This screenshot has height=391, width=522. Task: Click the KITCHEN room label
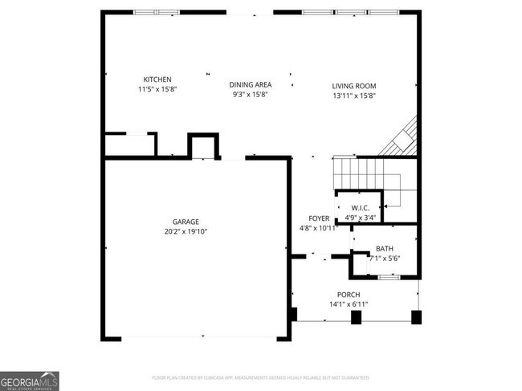[x=157, y=79]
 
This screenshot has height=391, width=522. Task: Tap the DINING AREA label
[x=251, y=85]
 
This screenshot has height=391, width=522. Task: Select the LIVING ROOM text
[x=354, y=86]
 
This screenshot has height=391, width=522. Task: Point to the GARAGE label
[x=185, y=222]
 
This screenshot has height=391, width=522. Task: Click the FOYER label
[x=319, y=218]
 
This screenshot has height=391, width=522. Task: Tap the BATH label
[x=385, y=249]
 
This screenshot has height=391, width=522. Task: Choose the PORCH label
[x=349, y=294]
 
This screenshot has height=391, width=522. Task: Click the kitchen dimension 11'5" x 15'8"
[x=157, y=89]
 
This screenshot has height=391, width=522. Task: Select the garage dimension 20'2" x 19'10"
[x=185, y=231]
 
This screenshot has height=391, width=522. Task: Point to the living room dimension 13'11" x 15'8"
[x=354, y=96]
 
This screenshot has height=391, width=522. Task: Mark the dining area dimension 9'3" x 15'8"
[x=251, y=95]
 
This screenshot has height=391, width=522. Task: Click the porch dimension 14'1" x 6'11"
[x=349, y=303]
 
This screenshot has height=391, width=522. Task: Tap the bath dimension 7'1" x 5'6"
[x=385, y=259]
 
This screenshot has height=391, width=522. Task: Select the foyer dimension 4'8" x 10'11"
[x=319, y=228]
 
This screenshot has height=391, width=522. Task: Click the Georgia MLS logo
[x=30, y=381]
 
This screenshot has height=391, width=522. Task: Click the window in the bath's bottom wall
[x=389, y=276]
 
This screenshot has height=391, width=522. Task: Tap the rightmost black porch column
[x=416, y=316]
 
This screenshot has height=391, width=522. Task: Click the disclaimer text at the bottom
[x=261, y=377]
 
